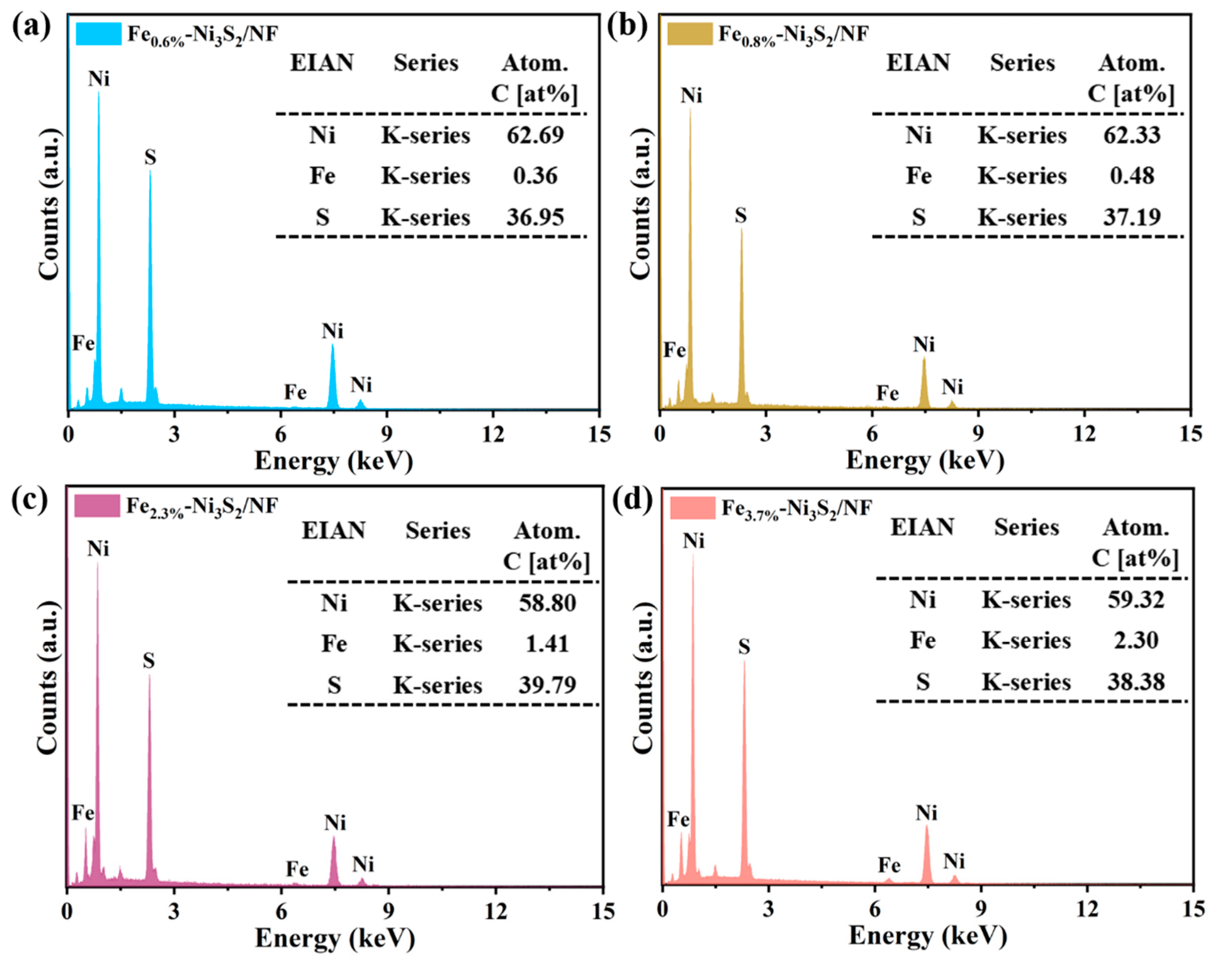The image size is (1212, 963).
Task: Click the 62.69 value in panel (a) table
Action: coord(535,135)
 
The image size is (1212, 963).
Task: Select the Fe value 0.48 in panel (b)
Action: coord(1132,176)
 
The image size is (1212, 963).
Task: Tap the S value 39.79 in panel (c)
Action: coord(547,685)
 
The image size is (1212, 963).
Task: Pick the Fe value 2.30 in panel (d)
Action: coord(1136,640)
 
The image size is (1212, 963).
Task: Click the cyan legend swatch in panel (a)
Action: coord(99,34)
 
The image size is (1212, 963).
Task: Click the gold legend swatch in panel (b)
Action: coord(690,34)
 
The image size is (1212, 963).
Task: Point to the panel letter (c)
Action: coord(30,500)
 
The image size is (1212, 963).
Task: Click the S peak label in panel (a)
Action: coord(150,157)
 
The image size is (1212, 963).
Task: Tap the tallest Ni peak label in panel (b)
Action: coord(691,96)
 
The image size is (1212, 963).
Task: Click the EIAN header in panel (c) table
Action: coord(333,531)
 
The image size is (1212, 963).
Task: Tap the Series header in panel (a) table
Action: coord(426,63)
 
